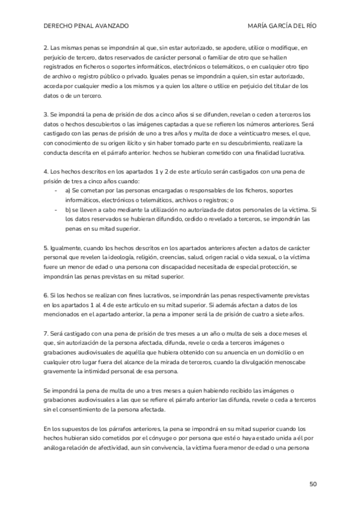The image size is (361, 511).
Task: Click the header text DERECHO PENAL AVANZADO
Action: pyautogui.click(x=87, y=27)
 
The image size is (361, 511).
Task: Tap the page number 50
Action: pyautogui.click(x=313, y=483)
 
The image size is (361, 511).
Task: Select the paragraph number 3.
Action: pyautogui.click(x=46, y=114)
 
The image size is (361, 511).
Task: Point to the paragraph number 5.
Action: pyautogui.click(x=46, y=248)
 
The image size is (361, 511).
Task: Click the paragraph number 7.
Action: pyautogui.click(x=46, y=333)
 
